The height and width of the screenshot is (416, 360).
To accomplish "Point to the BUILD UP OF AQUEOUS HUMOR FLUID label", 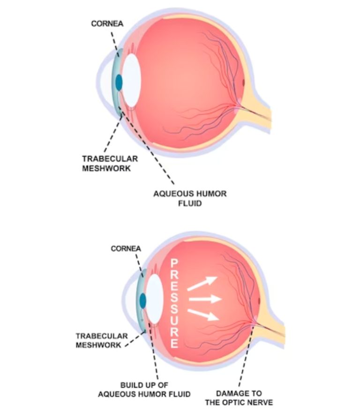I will coord(144,390).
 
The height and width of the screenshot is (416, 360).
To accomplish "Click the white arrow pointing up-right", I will coord(202,283).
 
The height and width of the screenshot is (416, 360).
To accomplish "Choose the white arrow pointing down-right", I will coord(203,313).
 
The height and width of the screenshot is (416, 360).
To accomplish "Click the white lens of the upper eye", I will coord(131,80).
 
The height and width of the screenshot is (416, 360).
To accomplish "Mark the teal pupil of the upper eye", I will coord(119,82).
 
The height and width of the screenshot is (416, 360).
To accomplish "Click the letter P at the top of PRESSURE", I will coord(174,263).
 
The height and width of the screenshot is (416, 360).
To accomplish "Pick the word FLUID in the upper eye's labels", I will coord(190,204).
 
